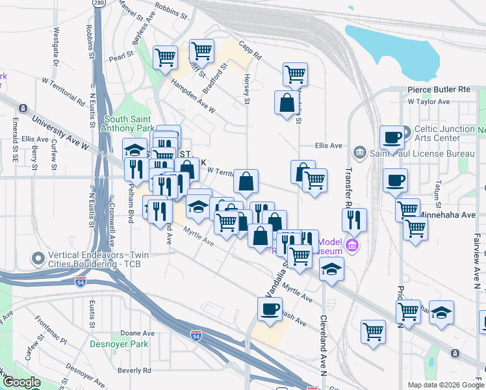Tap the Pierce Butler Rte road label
439,89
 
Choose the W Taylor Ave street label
429,102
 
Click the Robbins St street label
172,13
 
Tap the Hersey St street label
247,88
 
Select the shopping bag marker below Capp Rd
287,103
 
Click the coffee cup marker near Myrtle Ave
270,309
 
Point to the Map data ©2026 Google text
444,385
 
